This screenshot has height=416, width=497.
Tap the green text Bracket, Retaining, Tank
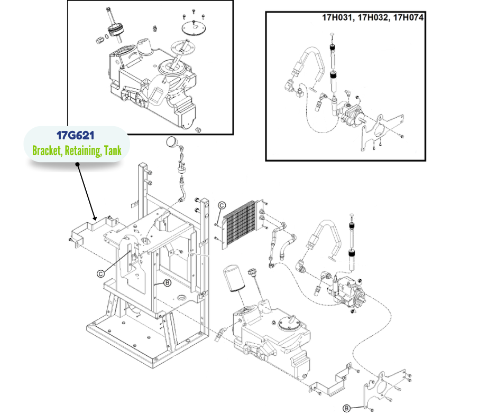tap(77, 150)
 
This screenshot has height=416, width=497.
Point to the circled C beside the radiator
tap(222, 205)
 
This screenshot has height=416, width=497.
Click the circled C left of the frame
tap(100, 273)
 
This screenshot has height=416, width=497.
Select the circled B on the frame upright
tap(167, 283)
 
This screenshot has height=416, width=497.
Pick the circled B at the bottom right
tap(346, 408)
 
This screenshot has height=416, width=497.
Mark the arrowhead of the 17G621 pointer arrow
tap(94, 218)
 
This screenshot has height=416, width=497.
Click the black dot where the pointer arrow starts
tap(78, 164)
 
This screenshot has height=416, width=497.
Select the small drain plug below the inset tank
tap(199, 129)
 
